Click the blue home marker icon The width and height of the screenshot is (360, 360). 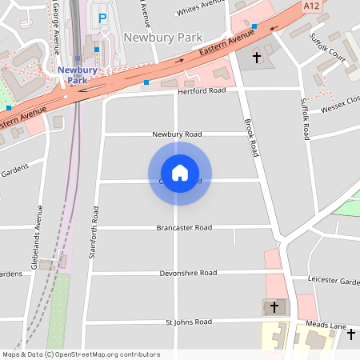180,173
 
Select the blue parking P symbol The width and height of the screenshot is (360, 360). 102,18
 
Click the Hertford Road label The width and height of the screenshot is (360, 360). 201,90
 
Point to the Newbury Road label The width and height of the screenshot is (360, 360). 178,134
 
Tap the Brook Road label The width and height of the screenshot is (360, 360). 251,138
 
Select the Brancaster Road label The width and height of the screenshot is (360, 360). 184,228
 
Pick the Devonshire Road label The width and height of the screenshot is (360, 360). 188,273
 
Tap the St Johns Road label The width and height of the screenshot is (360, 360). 188,322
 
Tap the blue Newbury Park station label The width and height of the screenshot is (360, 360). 77,74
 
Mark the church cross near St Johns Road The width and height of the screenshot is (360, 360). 274,306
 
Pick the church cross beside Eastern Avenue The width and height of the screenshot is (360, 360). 257,58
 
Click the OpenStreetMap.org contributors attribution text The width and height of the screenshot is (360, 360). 107,354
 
